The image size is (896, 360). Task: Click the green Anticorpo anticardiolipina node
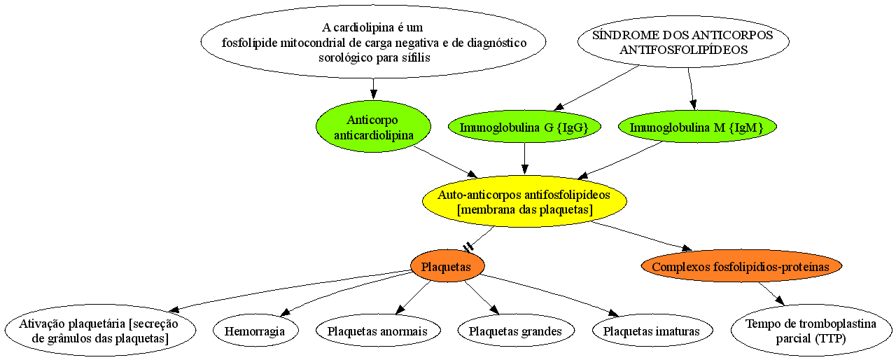point(373,126)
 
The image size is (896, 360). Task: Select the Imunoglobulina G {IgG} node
point(524,127)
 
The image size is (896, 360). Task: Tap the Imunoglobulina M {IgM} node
point(697,127)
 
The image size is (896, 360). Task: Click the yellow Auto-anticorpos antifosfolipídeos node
point(524,202)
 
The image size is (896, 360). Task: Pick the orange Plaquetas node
point(447,266)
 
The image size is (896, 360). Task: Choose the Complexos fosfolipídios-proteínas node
point(741,266)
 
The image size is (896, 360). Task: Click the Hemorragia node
point(255,331)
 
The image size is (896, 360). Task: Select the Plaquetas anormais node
point(378,331)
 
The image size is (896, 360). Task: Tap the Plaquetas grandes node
point(516,331)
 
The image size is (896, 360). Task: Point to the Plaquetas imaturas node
point(652,331)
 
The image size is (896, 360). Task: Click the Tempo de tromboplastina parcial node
point(811,331)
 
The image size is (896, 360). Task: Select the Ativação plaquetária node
point(100,331)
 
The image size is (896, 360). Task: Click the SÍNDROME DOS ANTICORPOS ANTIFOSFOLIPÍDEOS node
point(683,41)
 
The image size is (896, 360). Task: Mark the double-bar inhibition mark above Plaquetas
point(468,247)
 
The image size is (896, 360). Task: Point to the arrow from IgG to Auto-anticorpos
point(524,158)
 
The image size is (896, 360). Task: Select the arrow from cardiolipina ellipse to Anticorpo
point(373,89)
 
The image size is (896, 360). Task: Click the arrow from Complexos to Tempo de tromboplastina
point(771,293)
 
